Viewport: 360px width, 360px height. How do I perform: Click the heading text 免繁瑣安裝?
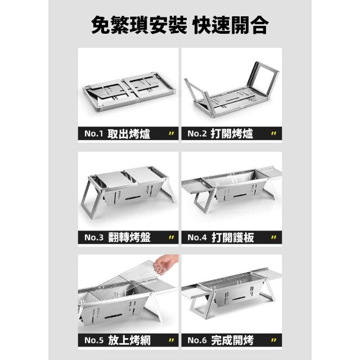[x=139, y=25]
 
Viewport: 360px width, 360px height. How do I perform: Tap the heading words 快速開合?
[x=231, y=25]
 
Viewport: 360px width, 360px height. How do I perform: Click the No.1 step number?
[x=94, y=133]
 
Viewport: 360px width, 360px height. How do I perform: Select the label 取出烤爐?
[x=129, y=134]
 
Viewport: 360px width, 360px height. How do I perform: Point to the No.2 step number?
[x=197, y=133]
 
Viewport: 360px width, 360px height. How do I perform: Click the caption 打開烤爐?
[x=232, y=134]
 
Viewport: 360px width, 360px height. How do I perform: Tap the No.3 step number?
[x=94, y=237]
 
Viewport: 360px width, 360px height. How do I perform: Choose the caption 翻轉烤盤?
[x=129, y=237]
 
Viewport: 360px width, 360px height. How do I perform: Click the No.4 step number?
[x=197, y=237]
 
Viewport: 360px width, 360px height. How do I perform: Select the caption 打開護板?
[x=232, y=237]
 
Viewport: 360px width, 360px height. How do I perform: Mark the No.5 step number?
[x=94, y=340]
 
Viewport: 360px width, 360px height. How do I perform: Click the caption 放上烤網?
[x=129, y=340]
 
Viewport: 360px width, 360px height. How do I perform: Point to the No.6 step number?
[x=197, y=340]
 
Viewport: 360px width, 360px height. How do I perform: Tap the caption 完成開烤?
[x=232, y=340]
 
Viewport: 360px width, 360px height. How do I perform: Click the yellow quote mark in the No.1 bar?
[x=171, y=133]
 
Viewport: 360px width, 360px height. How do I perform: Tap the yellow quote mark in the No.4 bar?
[x=273, y=237]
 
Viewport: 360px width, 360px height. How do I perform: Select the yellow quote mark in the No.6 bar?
[x=273, y=340]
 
